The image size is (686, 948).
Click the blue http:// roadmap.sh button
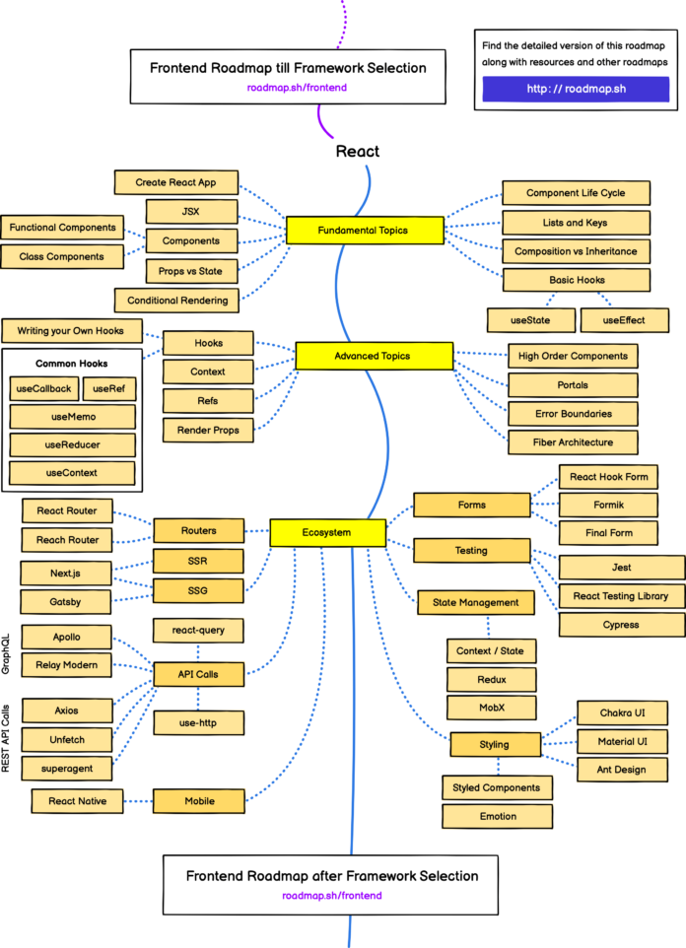[576, 90]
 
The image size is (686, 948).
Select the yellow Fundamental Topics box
[364, 231]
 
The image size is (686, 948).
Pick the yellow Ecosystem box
[326, 533]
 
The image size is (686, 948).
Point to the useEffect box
[624, 320]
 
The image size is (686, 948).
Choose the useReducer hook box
[72, 444]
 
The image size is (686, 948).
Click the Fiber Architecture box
[573, 441]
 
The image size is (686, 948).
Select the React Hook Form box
[608, 477]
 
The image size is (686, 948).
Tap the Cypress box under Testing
[621, 624]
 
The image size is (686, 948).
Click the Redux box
[491, 679]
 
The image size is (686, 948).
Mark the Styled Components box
[496, 787]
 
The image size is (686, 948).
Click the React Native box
[77, 801]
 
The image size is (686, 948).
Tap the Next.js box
[66, 573]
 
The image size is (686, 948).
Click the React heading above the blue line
[357, 151]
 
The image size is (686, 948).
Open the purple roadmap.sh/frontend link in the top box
[297, 88]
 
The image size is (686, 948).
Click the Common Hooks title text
[71, 363]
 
